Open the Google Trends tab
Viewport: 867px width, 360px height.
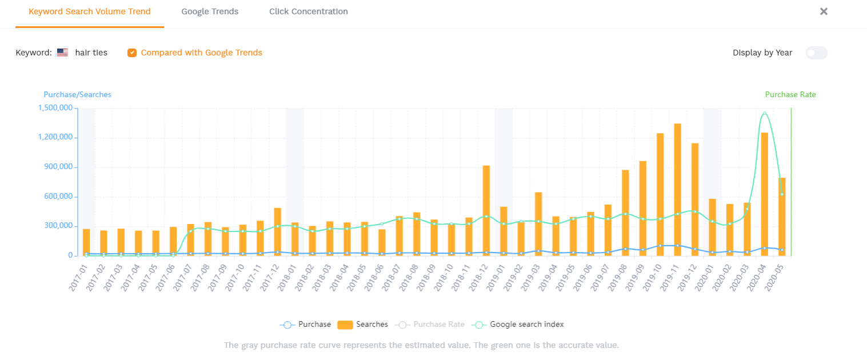(x=210, y=11)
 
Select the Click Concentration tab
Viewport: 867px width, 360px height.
(x=308, y=11)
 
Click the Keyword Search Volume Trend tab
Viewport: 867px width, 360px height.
(x=90, y=11)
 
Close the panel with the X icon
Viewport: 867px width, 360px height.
(x=824, y=11)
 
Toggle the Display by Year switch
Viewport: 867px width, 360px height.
(x=816, y=53)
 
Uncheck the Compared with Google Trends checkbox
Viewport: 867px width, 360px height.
(x=132, y=53)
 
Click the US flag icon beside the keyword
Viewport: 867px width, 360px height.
(x=62, y=53)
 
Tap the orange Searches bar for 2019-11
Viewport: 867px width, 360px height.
(x=677, y=189)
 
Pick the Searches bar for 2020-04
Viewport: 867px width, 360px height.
(x=764, y=194)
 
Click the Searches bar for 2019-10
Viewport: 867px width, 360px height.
(x=660, y=194)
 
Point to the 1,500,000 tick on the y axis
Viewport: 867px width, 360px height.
(x=55, y=108)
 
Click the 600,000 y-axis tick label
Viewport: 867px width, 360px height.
(x=58, y=197)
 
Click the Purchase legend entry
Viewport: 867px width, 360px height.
(x=306, y=325)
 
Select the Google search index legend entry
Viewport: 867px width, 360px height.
(x=518, y=325)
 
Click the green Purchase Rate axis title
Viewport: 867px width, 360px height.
(x=790, y=95)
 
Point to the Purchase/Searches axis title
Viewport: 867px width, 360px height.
(x=78, y=95)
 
